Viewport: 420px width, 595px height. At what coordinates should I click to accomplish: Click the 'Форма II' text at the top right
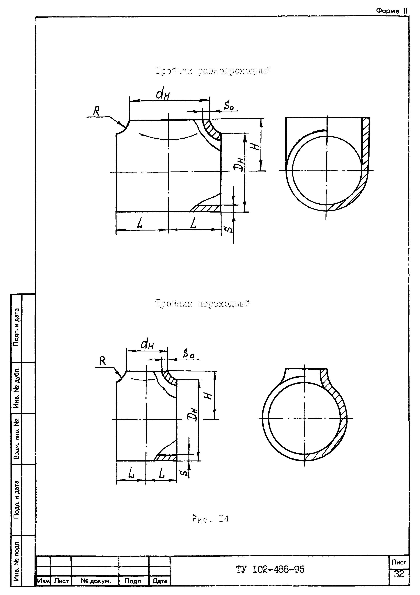[x=392, y=11]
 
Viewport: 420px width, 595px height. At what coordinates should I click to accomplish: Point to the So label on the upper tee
[x=229, y=106]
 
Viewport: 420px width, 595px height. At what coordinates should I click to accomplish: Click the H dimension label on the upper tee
[x=256, y=147]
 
